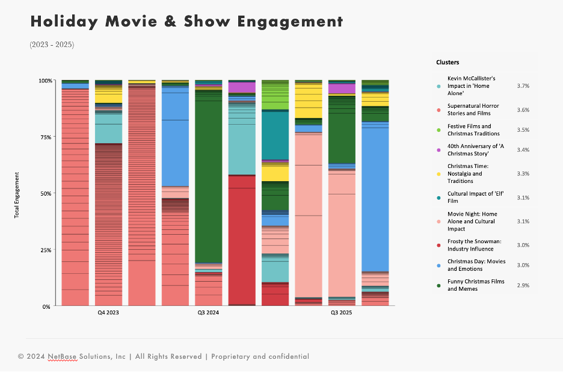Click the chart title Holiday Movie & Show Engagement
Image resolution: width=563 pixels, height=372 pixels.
coord(186,22)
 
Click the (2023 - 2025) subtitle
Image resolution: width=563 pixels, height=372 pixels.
coord(52,45)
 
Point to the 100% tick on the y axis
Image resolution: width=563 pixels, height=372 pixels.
coord(45,80)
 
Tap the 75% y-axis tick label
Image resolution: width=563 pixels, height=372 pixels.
coord(46,137)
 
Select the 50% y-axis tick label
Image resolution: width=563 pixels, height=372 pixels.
coord(46,193)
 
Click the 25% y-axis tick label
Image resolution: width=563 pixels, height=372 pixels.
coord(46,250)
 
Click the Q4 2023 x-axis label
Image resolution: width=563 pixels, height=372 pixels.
coord(108,313)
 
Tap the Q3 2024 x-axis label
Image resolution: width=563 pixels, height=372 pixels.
coord(208,313)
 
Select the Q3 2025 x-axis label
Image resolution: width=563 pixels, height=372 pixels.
coord(341,313)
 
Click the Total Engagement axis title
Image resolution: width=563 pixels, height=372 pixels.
coord(17,194)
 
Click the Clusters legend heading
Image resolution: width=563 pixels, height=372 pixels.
coord(448,62)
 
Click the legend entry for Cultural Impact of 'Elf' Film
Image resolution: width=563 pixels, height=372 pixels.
coord(475,197)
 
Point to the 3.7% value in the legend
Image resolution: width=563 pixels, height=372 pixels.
coord(523,86)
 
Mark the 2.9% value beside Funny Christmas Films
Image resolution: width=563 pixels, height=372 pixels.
coord(523,285)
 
